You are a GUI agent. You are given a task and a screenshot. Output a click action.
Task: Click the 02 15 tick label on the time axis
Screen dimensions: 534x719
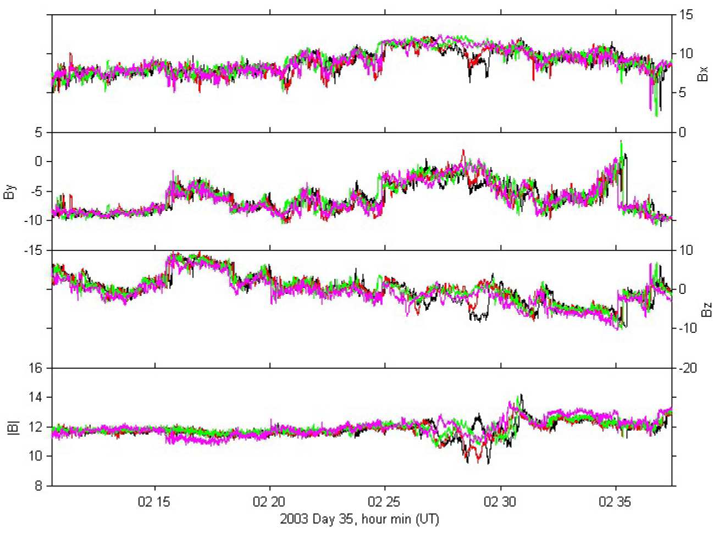(154, 502)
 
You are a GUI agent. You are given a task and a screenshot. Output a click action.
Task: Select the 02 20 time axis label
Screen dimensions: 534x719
(269, 502)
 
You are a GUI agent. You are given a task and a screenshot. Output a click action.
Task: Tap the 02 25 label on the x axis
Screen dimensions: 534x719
(384, 502)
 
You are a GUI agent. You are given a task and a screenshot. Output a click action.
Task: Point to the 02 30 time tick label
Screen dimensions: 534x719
(500, 502)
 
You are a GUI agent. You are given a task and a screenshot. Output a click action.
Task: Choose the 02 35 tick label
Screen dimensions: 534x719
(615, 502)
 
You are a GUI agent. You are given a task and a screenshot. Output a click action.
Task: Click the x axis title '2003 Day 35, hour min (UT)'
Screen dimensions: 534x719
(360, 519)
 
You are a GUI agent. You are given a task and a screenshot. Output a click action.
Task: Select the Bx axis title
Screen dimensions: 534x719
(703, 74)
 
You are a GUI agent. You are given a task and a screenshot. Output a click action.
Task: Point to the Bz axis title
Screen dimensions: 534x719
(707, 309)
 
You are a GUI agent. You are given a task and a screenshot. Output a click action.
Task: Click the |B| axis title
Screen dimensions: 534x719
(14, 427)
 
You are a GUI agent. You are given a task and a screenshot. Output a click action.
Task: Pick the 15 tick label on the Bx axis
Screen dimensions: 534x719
(687, 15)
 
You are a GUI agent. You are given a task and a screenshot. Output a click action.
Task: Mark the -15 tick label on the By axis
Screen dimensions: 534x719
(34, 251)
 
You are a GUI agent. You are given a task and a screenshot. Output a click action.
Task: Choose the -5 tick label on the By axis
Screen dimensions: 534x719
(36, 191)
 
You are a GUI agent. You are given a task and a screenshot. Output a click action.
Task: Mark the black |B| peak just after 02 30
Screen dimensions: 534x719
(521, 395)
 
